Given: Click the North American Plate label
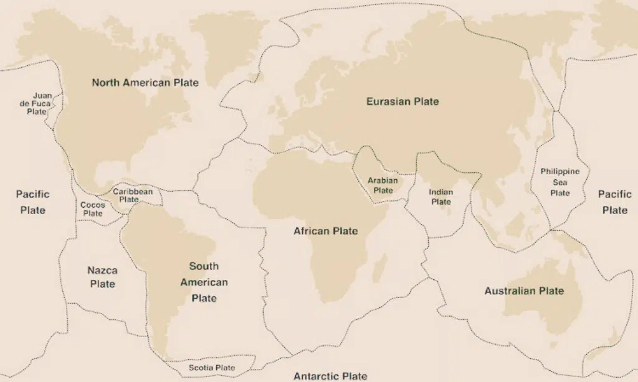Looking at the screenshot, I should point(145,83).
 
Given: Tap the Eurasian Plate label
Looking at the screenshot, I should point(402,101).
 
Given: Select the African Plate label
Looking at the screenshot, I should point(326,231).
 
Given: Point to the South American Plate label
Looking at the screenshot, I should point(204,282).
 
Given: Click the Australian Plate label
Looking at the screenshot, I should point(524,291).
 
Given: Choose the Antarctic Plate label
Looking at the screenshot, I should point(330,376).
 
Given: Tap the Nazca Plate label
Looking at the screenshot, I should point(102,277).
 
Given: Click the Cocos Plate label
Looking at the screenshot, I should point(93,209).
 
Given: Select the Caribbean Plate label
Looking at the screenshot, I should point(132,195).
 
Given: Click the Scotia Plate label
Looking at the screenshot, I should point(212,368).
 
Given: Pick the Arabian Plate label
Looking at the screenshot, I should point(383,185).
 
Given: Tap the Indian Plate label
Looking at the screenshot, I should point(441,197).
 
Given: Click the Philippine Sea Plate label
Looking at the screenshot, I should point(559,182).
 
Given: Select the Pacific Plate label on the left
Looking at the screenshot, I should point(32,202).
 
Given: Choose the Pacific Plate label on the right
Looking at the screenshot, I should point(614,202).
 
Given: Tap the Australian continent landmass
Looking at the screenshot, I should point(536,305).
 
